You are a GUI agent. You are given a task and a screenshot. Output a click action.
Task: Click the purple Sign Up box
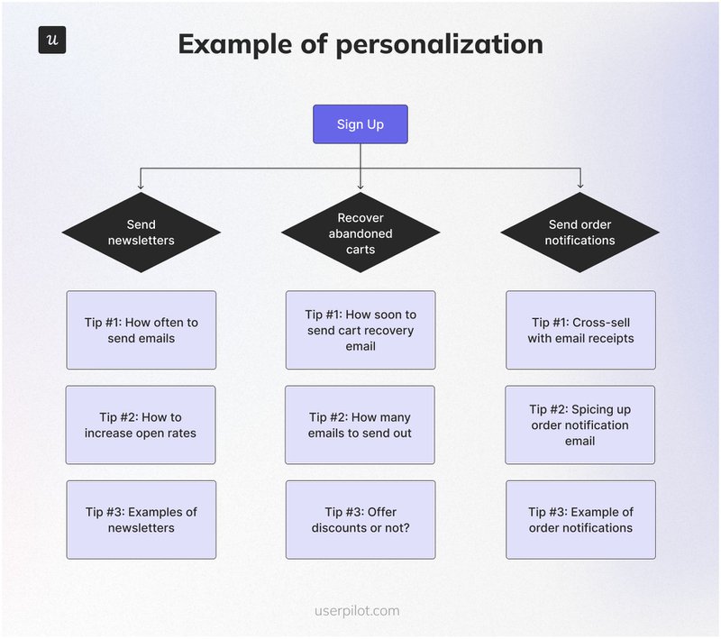(360, 124)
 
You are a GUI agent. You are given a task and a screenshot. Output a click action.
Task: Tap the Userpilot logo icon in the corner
(52, 41)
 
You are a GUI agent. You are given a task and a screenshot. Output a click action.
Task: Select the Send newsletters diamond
(141, 233)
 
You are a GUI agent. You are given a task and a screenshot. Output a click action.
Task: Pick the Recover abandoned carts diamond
(360, 233)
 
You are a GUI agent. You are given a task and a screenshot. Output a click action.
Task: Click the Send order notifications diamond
(580, 233)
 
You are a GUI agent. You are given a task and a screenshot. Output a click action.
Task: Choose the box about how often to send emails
(141, 330)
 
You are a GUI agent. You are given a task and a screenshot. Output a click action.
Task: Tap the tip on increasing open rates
(141, 424)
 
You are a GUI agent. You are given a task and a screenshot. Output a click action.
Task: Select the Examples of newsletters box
(141, 519)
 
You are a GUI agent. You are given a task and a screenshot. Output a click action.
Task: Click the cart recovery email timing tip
(360, 330)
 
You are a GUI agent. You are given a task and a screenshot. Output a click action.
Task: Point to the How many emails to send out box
(360, 424)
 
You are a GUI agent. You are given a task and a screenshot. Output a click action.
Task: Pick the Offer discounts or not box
(360, 519)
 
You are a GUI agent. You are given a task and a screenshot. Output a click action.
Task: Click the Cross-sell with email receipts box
(580, 330)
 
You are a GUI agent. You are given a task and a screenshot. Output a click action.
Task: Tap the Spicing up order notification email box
(580, 424)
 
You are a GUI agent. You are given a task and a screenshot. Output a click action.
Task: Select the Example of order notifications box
(580, 519)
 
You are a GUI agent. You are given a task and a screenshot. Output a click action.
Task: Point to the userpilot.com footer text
(360, 610)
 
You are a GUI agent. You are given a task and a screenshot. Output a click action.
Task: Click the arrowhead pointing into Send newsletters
(141, 187)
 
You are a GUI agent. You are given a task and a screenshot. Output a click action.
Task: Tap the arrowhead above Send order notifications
(580, 187)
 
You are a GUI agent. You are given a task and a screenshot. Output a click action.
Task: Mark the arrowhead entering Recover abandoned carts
(360, 187)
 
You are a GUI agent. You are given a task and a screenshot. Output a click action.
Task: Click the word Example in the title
(233, 44)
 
